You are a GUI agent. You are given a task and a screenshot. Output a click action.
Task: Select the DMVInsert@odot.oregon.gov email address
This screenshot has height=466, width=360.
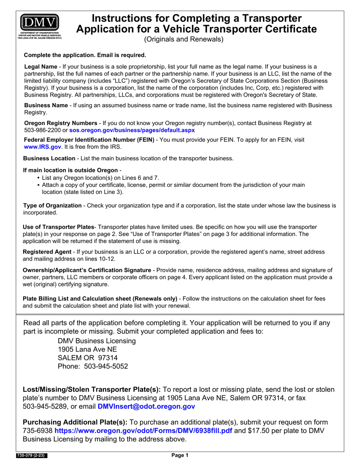pos(146,407)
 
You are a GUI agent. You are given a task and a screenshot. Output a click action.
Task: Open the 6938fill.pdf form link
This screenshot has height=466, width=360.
pos(143,431)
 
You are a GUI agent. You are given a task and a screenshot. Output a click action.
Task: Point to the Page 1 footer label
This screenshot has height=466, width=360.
pos(180,456)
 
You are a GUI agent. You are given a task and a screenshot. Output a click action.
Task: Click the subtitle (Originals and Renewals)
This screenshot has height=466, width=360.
pos(183,39)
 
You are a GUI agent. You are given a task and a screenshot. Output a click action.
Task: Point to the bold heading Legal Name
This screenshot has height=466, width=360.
pos(41,67)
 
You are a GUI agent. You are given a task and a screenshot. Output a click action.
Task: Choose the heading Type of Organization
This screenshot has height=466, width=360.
pos(52,206)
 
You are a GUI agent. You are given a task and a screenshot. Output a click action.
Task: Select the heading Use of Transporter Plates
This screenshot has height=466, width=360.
pos(58,227)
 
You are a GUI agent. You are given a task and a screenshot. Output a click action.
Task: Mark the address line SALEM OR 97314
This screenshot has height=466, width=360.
pos(88,358)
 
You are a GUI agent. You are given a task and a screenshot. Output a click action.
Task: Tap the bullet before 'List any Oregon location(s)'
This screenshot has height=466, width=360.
pos(39,178)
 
